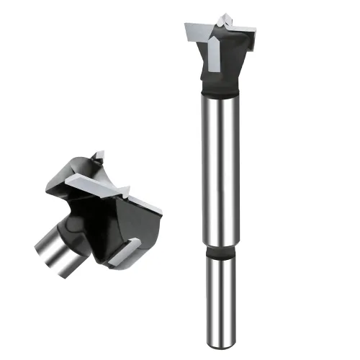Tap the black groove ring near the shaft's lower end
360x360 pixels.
point(220,253)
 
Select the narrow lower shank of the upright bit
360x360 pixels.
point(220,295)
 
